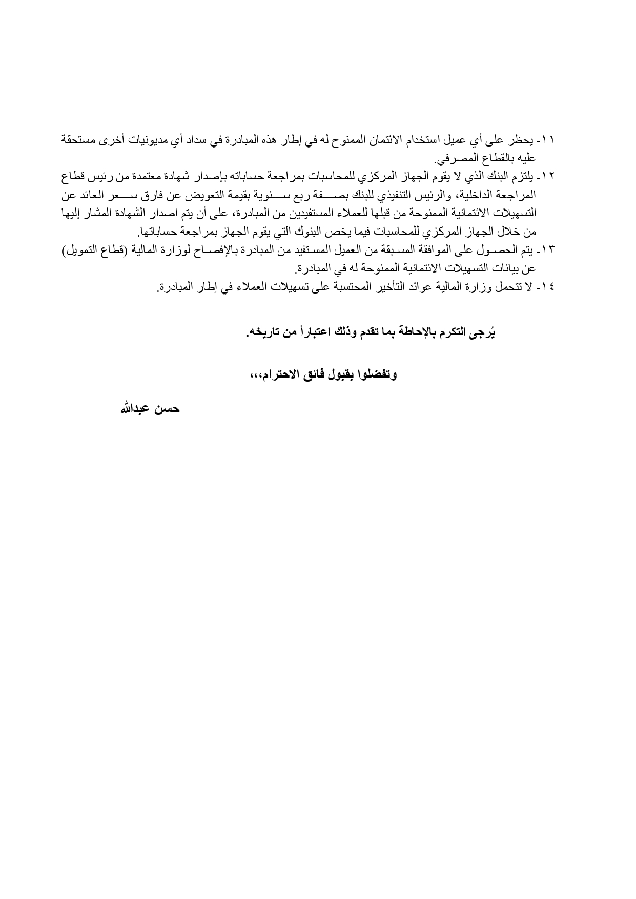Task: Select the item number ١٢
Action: (x=549, y=177)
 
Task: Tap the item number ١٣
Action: (x=549, y=250)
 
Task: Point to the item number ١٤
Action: (x=549, y=287)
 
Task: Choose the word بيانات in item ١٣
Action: (x=504, y=269)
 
